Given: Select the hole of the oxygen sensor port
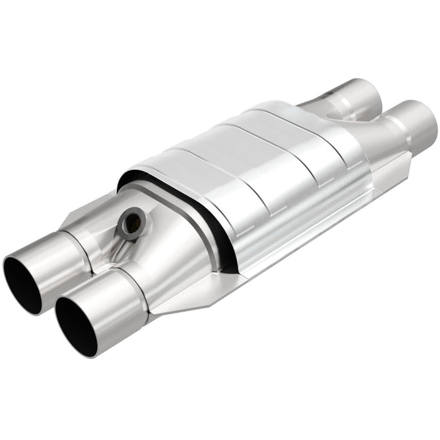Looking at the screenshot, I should [131, 223].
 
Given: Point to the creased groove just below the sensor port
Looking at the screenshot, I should [116, 251].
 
